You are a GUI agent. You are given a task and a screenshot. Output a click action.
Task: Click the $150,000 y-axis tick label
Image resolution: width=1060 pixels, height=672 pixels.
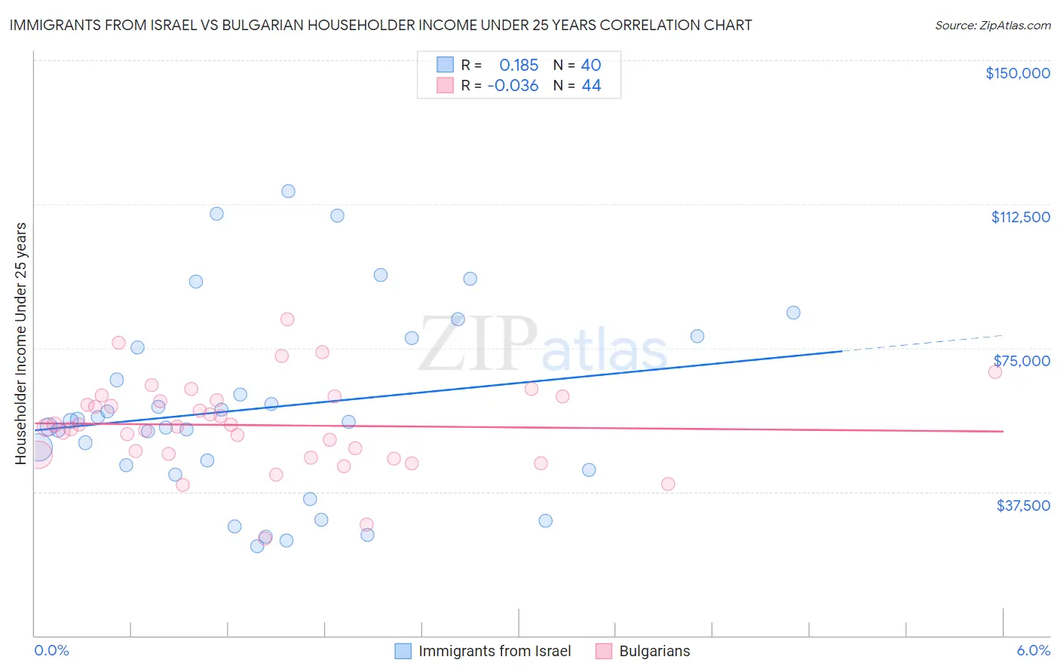point(1017,73)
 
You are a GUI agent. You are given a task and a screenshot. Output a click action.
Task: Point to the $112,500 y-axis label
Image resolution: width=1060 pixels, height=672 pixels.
point(1020,217)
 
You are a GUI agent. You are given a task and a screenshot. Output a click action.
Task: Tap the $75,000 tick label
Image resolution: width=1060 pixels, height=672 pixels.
point(1021,361)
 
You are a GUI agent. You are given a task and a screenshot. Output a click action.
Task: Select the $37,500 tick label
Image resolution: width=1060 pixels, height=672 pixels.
point(1022,506)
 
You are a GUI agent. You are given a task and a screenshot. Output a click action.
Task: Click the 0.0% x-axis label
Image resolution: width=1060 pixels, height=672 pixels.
point(51,651)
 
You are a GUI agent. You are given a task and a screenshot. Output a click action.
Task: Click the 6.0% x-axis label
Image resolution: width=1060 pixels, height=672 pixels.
point(1033,651)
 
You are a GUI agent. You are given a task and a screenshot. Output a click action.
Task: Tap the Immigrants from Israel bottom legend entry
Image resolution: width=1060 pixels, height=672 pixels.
point(494,651)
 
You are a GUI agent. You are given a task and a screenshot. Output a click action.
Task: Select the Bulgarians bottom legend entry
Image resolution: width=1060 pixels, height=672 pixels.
point(654,651)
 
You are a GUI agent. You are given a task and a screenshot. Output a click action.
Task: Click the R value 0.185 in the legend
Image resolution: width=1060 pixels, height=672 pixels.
point(519,66)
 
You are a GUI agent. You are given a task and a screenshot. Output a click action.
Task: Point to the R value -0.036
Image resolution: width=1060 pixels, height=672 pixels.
point(513,86)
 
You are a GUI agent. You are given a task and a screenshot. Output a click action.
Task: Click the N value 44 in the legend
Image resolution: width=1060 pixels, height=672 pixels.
point(591,86)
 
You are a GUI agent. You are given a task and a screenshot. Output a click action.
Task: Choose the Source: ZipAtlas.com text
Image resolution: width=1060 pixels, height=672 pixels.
point(992,25)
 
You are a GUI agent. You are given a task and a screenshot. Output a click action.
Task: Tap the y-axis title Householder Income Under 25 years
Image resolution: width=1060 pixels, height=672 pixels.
point(20,343)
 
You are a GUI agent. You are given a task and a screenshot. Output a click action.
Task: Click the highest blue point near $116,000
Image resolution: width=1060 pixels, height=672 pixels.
point(288,191)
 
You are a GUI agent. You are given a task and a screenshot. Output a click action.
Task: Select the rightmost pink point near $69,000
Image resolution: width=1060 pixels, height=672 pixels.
point(994,372)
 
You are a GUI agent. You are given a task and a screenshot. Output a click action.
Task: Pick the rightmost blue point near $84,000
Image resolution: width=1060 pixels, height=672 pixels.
point(793,313)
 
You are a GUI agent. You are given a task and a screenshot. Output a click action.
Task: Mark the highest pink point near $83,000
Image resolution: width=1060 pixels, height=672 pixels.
point(287,319)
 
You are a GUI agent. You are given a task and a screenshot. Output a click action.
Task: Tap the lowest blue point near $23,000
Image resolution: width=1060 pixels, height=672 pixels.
point(257,546)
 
